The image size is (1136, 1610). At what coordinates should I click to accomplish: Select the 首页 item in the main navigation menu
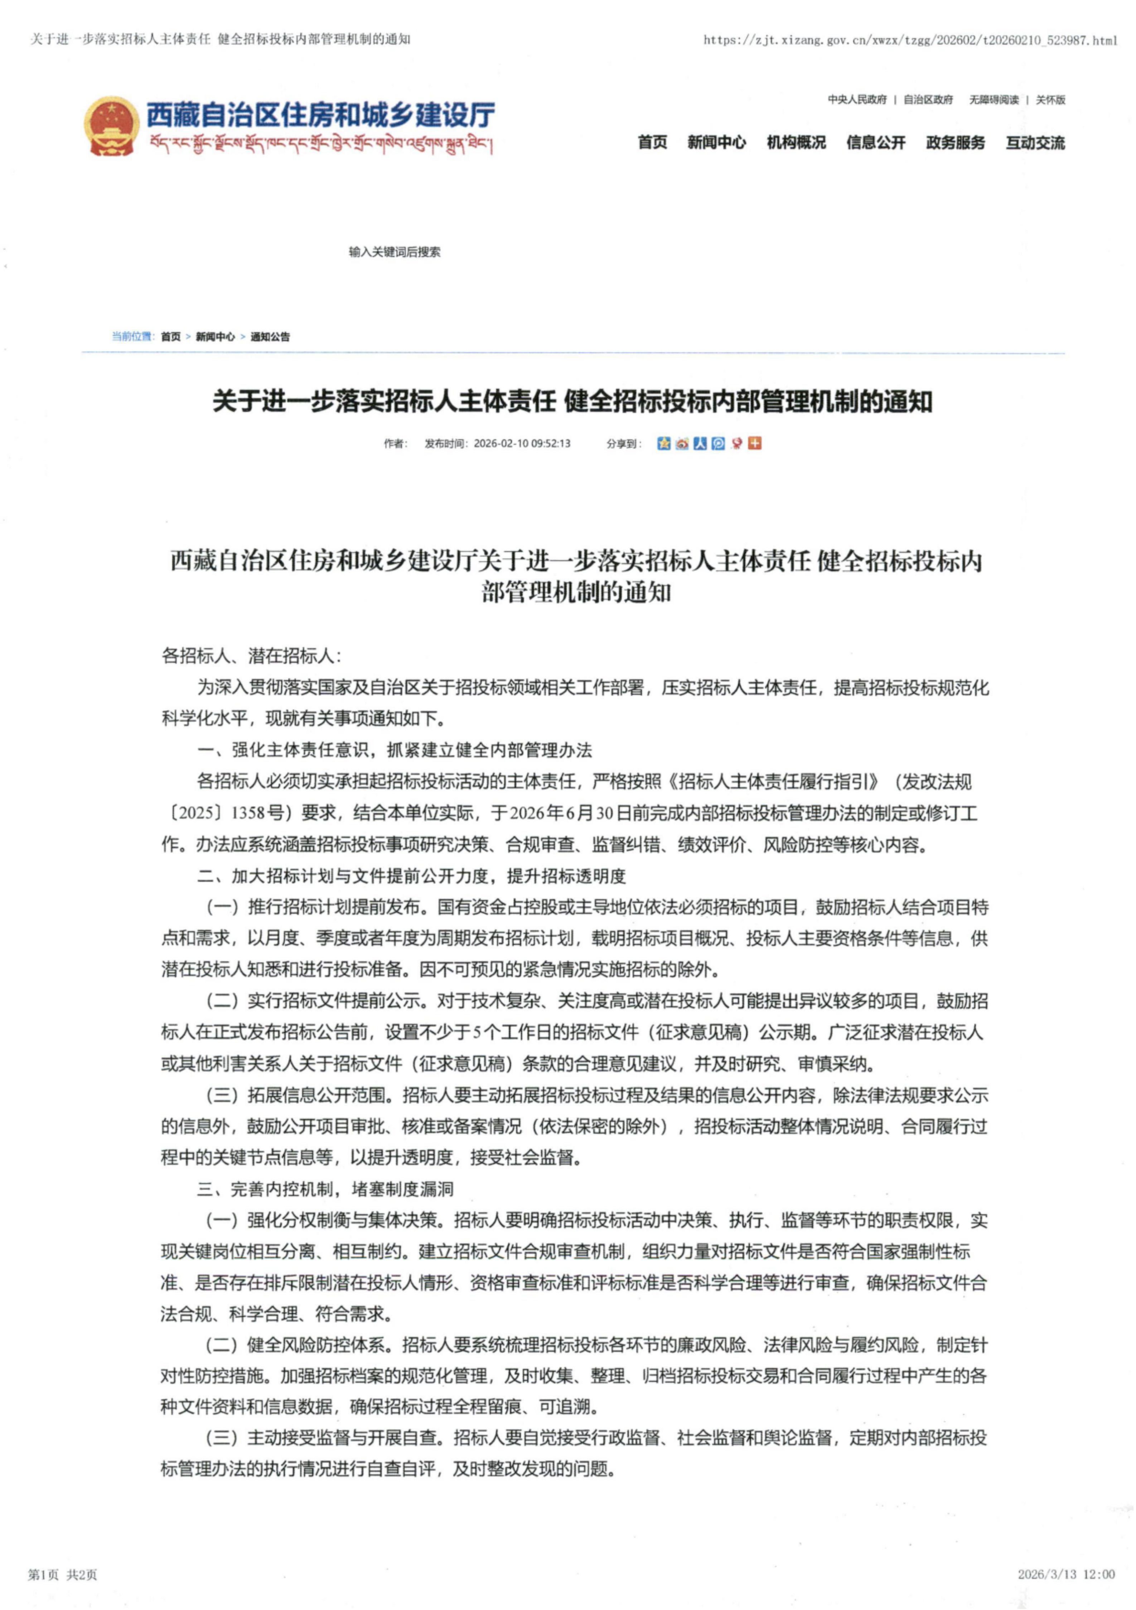click(652, 142)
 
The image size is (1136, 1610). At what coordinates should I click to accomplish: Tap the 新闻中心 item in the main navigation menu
click(716, 142)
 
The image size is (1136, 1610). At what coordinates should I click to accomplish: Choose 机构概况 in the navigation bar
click(796, 142)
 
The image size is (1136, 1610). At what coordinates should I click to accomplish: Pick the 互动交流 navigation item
click(1035, 142)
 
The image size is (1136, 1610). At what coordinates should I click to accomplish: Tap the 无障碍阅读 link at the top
click(994, 100)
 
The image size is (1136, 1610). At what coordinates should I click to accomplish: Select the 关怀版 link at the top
click(1050, 100)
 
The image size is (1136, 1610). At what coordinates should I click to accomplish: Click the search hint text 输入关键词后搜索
click(395, 252)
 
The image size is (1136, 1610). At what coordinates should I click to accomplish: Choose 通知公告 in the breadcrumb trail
click(270, 337)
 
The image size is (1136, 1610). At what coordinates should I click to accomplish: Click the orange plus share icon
click(755, 443)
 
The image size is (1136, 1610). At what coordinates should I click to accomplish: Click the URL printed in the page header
click(910, 40)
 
